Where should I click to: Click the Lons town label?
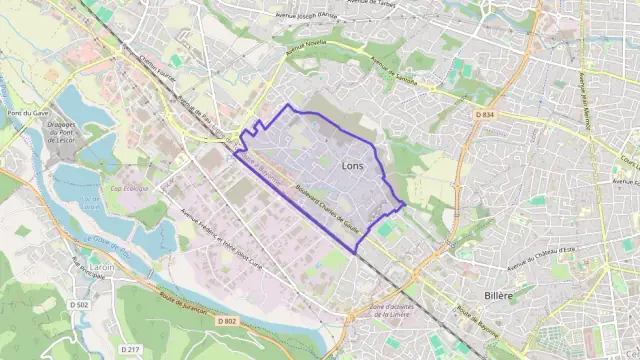point(352,165)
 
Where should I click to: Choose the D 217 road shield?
point(129,349)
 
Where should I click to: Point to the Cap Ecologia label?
point(128,189)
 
